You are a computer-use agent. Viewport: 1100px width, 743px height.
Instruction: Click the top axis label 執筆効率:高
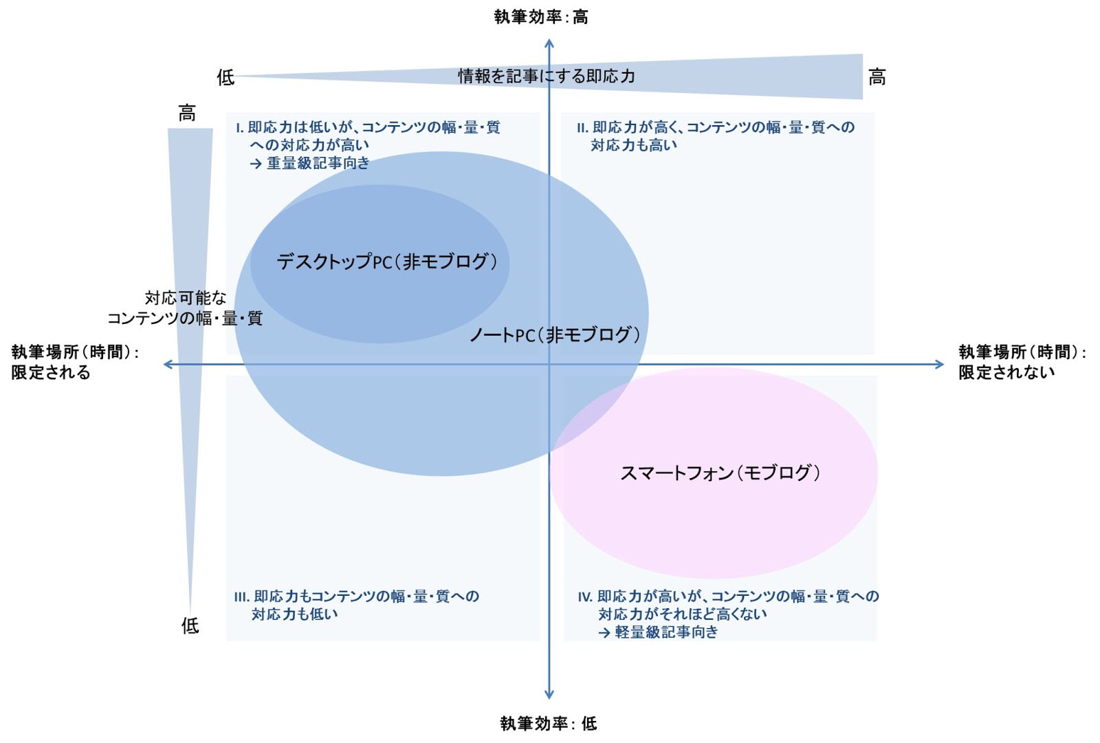pos(541,17)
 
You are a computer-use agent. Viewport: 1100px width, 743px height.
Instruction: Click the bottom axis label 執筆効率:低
pos(548,723)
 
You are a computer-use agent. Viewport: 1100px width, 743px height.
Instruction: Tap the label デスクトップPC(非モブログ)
pos(386,261)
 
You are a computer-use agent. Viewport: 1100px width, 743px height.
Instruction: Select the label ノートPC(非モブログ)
pos(554,335)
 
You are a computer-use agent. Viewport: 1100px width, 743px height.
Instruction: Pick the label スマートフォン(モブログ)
pos(720,473)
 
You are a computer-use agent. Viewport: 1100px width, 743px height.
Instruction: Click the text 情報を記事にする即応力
pos(547,76)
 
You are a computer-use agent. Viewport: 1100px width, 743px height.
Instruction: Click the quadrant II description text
pos(715,136)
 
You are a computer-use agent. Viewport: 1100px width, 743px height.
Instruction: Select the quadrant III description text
pos(356,605)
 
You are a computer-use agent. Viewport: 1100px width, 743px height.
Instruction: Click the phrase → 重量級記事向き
pos(309,163)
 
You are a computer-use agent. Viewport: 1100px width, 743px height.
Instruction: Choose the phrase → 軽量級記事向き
pos(658,632)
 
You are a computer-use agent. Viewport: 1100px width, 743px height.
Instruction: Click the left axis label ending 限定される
pos(75,362)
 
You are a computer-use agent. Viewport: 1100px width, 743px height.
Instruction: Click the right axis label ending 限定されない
pos(1022,362)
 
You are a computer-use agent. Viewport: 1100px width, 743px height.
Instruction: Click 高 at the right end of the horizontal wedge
pos(877,77)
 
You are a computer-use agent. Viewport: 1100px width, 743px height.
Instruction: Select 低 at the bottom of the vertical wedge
pos(190,625)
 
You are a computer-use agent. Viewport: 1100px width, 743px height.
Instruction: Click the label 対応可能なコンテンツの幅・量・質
pos(185,308)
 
